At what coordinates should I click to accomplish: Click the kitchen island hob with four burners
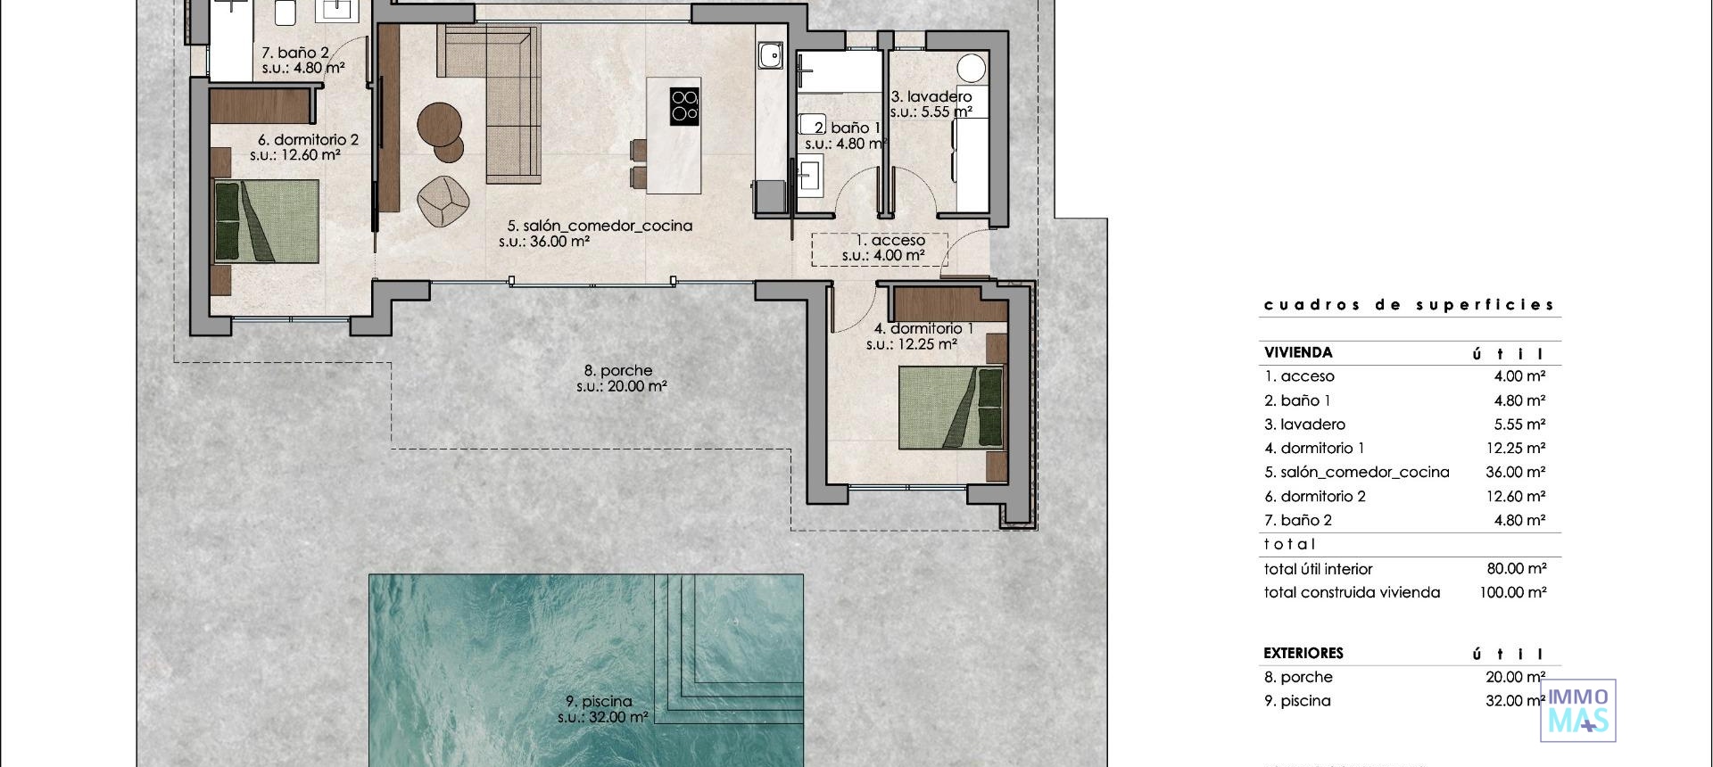click(684, 105)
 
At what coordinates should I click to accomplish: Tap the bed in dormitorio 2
click(266, 221)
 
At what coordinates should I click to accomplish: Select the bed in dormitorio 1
click(951, 407)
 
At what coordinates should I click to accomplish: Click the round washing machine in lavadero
click(971, 68)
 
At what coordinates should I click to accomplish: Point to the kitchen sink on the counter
click(770, 56)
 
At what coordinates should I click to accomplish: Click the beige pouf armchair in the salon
click(443, 201)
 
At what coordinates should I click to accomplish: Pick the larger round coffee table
click(439, 124)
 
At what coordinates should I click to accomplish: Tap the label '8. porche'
click(618, 370)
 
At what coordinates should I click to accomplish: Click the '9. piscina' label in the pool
click(599, 702)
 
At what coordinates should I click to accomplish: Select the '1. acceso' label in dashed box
click(890, 241)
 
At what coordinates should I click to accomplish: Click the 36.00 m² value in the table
click(1515, 472)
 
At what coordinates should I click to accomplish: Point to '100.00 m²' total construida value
click(1512, 592)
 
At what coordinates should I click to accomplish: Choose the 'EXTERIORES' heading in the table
click(1303, 653)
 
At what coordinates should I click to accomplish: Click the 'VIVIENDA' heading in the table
click(1297, 352)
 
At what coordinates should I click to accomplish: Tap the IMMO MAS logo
click(1577, 711)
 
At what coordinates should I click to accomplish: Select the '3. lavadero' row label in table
click(1304, 425)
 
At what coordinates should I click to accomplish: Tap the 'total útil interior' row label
click(1318, 569)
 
